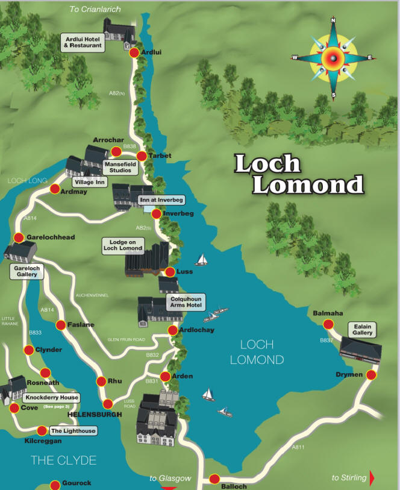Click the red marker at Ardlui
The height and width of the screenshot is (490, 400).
(x=134, y=53)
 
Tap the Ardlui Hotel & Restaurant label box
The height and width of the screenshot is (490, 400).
(x=84, y=42)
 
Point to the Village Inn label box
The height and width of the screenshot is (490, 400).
(x=89, y=181)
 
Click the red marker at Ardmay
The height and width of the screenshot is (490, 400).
(x=55, y=189)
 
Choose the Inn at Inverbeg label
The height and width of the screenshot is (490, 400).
(x=161, y=199)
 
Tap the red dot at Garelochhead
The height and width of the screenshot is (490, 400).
(x=19, y=237)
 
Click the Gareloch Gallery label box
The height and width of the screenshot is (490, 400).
(x=27, y=271)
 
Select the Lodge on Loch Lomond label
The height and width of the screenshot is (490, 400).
(x=123, y=245)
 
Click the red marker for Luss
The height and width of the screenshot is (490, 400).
(x=170, y=272)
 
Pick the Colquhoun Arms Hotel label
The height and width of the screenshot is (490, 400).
(x=185, y=301)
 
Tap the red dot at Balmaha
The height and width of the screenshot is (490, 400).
(x=328, y=324)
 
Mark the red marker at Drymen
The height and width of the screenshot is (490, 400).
(x=371, y=375)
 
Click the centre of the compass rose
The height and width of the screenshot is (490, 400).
(x=333, y=57)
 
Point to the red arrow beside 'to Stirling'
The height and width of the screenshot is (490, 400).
(x=372, y=478)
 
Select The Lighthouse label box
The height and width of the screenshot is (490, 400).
(x=72, y=431)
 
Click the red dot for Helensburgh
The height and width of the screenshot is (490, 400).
(x=108, y=404)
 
